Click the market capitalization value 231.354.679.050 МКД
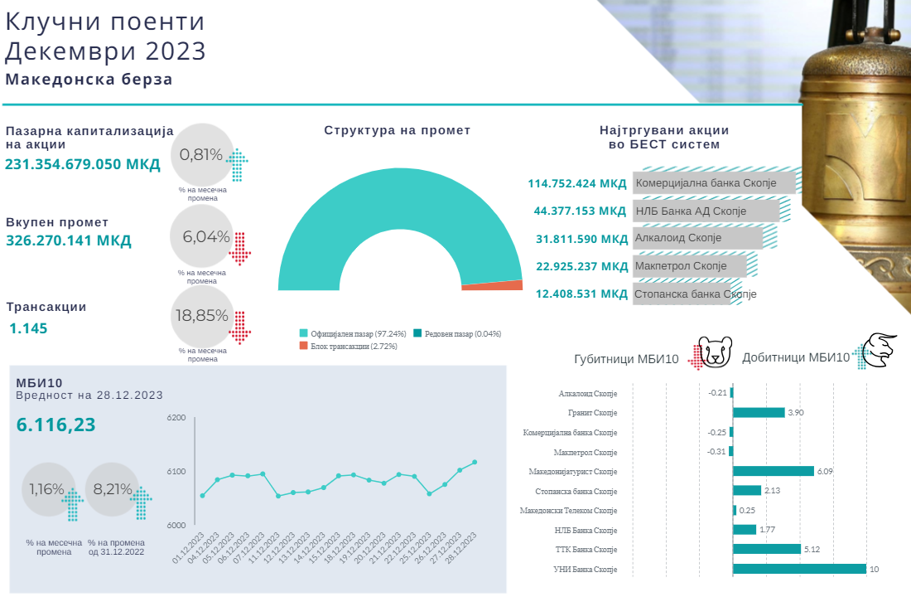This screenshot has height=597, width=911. pos(83,164)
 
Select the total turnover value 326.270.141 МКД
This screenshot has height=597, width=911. pos(69,240)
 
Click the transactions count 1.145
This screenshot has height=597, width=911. pos(28,328)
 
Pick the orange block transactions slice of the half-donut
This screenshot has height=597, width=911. pos(492,285)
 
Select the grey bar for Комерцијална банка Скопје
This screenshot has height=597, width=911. pos(714,182)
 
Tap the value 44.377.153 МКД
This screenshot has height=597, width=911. pos(581,211)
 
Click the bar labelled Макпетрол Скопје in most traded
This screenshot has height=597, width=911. pos(689,266)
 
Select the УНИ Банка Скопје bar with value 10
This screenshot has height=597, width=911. pos(799,569)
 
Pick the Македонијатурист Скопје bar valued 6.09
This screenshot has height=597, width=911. pos(774,471)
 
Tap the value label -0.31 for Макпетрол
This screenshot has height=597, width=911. pos(717,451)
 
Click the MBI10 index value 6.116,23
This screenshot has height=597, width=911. pos(56,425)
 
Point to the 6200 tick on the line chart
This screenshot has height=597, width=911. pos(176,418)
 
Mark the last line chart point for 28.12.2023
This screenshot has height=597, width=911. pos(475,462)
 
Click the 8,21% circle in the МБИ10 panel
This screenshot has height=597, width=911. pos(113,489)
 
